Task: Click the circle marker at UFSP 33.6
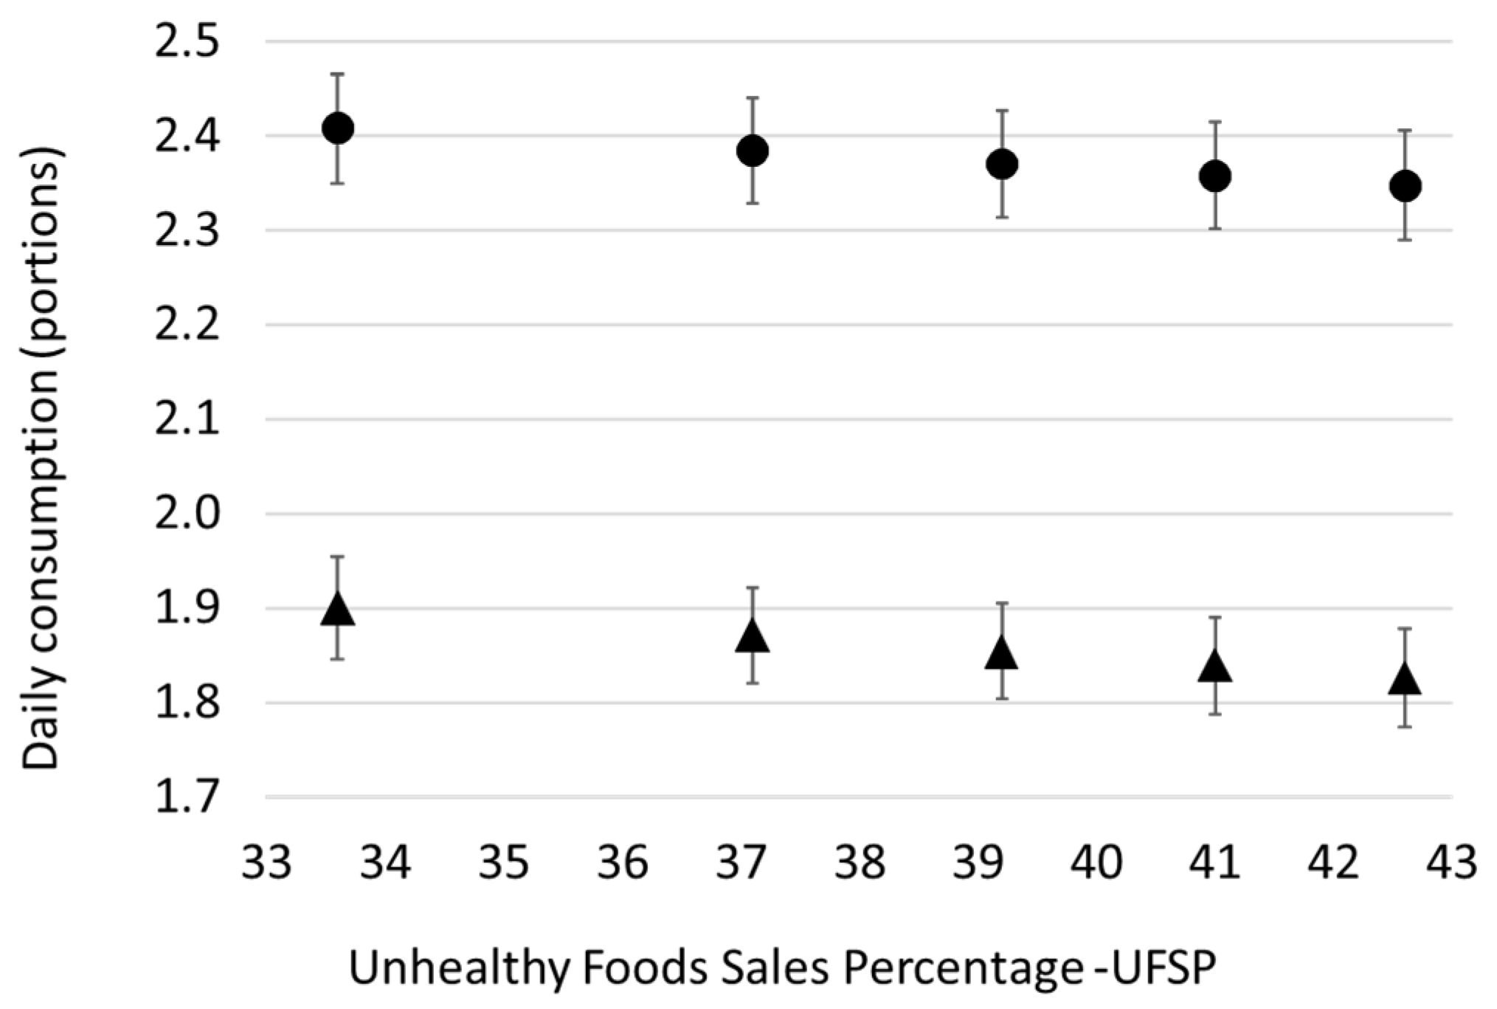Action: pyautogui.click(x=338, y=128)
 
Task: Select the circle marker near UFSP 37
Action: pyautogui.click(x=753, y=151)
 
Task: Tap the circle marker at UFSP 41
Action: pyautogui.click(x=1215, y=176)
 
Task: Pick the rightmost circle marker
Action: pyautogui.click(x=1405, y=185)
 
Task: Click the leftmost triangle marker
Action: pyautogui.click(x=338, y=610)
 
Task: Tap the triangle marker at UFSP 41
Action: pyautogui.click(x=1215, y=667)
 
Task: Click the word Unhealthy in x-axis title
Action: pyautogui.click(x=457, y=968)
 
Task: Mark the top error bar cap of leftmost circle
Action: pyautogui.click(x=338, y=74)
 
